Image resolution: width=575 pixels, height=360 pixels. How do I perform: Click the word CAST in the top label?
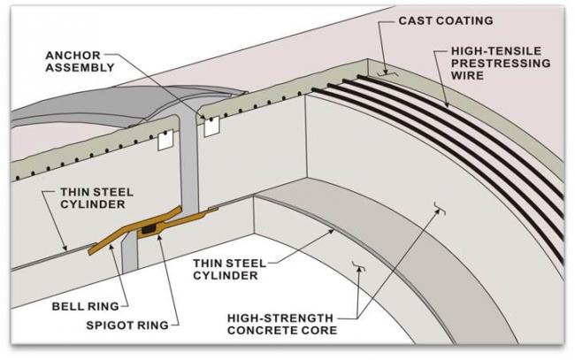[415, 19]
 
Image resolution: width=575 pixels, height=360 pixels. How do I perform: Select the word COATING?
[463, 19]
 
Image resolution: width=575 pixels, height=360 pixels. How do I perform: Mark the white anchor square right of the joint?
[211, 126]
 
